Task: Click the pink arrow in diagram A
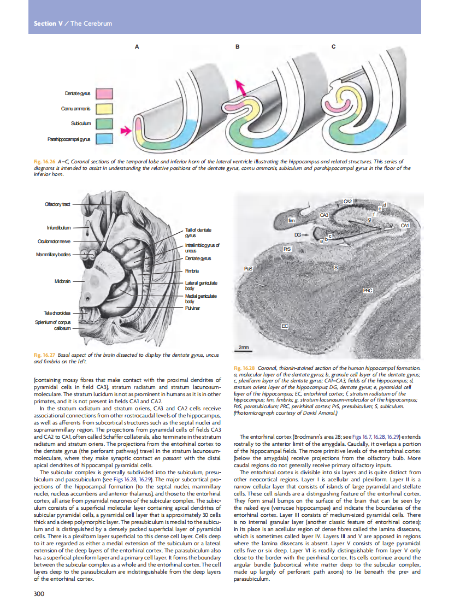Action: [x=126, y=130]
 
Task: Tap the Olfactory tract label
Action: [x=57, y=204]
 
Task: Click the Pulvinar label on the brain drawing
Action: [x=192, y=308]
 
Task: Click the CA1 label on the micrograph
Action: [x=404, y=225]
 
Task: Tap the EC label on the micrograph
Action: [x=284, y=326]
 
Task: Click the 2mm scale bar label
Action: [x=244, y=347]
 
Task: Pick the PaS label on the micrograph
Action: [x=249, y=269]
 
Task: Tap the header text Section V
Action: [x=45, y=23]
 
